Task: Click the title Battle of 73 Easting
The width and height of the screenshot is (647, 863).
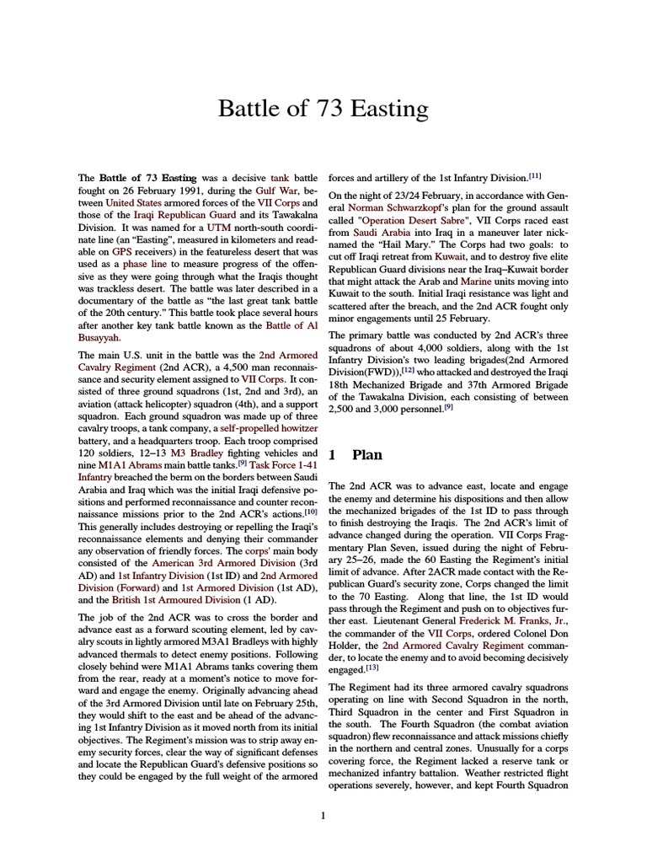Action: click(323, 109)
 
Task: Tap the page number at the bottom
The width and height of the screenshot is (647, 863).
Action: click(323, 815)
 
